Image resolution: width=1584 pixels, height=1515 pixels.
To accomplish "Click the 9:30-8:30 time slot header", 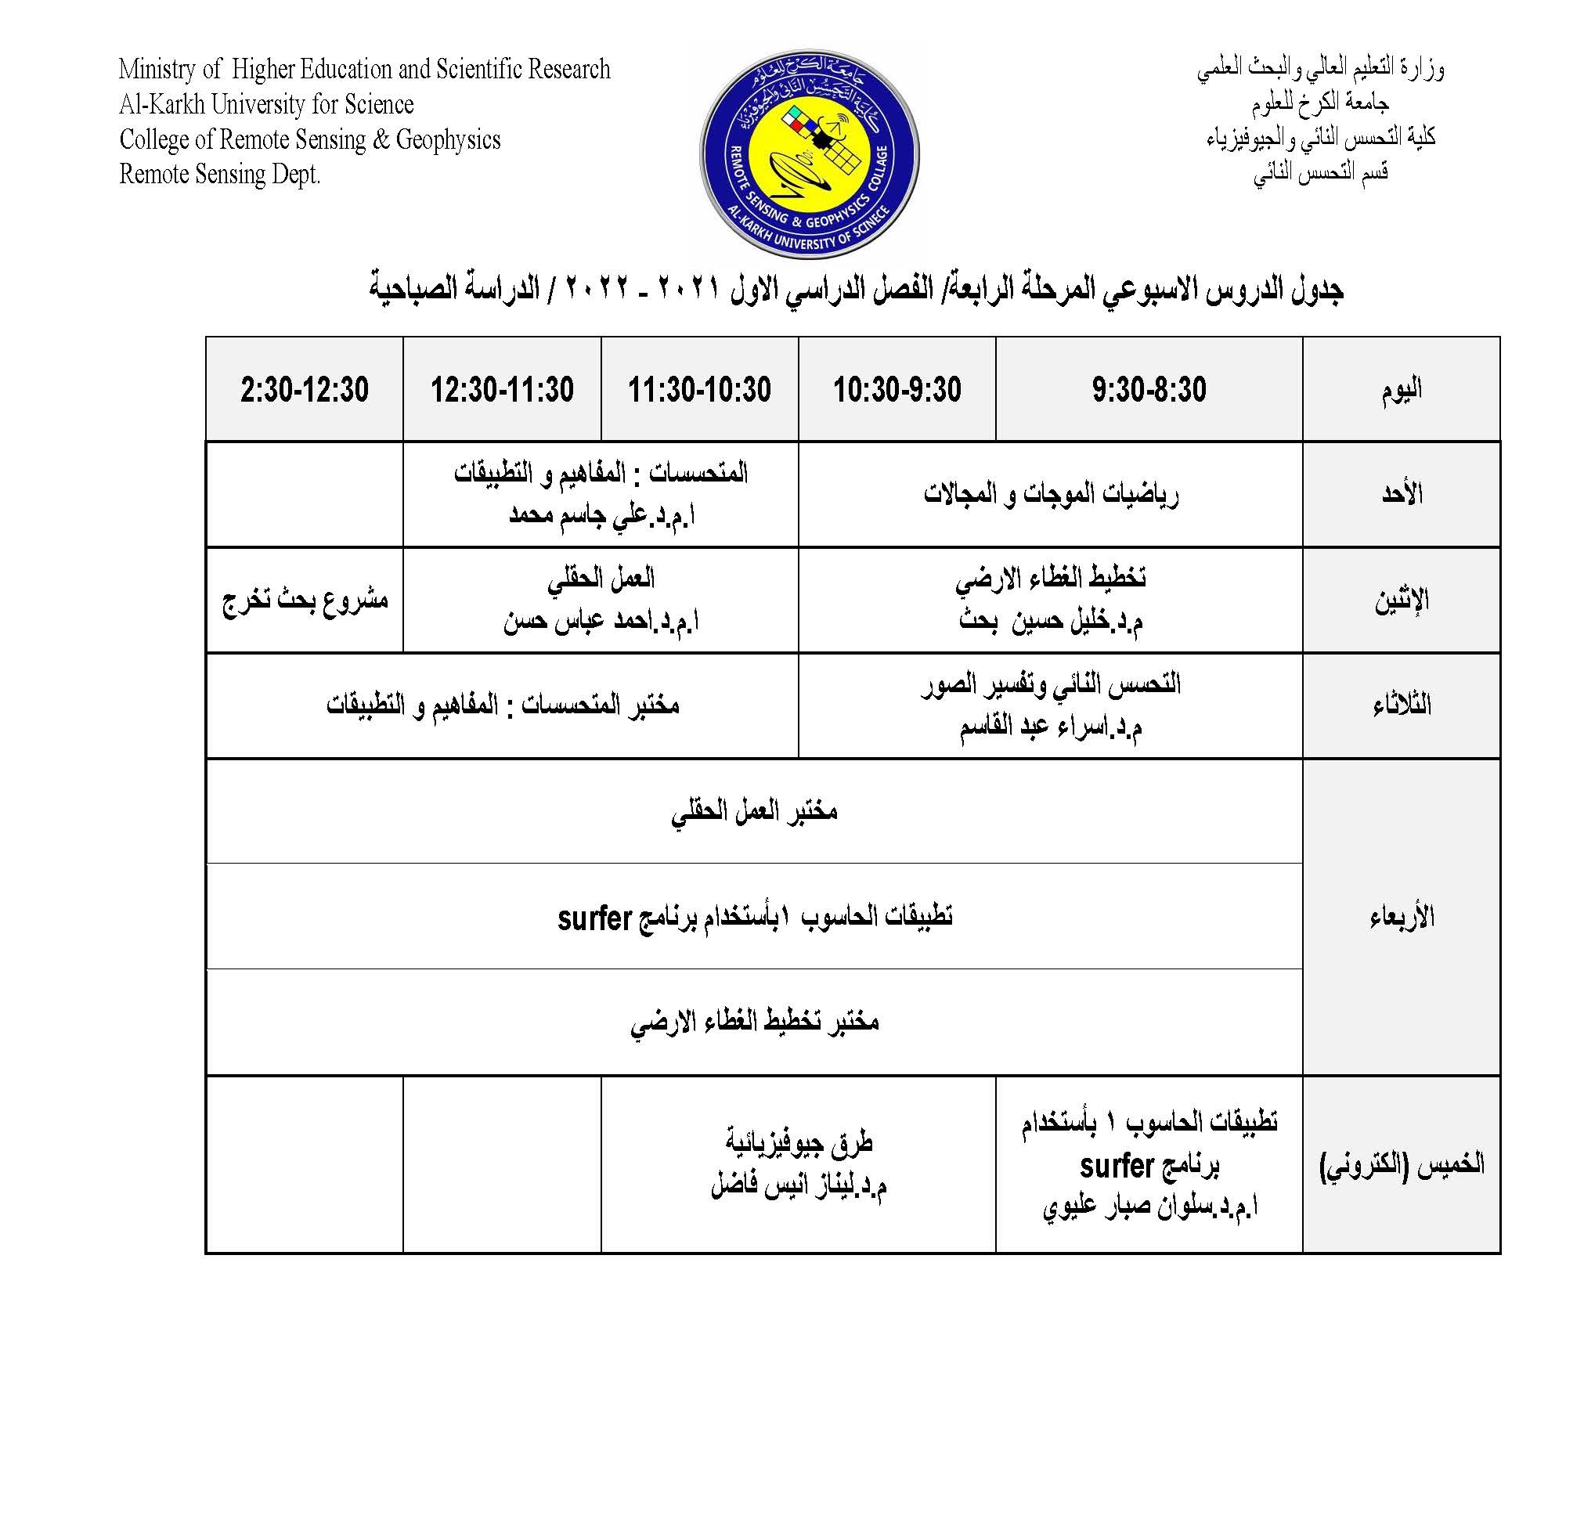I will tap(1148, 389).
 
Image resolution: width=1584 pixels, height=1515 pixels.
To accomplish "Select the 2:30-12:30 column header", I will tap(305, 389).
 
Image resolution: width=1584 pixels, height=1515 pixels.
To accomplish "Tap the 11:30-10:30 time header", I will tap(699, 389).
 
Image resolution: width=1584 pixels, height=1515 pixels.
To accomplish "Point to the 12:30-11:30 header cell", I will tap(502, 389).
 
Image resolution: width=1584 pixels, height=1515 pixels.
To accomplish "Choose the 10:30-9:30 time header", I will tap(897, 389).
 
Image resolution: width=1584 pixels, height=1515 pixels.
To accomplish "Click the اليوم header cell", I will tap(1401, 389).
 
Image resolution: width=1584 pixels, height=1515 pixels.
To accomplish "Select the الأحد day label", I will tap(1401, 493).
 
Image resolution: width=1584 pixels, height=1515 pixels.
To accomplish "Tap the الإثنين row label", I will tap(1401, 600).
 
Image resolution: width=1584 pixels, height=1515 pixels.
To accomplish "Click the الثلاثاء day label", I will tap(1401, 705).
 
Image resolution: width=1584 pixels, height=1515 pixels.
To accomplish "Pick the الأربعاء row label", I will tap(1401, 917).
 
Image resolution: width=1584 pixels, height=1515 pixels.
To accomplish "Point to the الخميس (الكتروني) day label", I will tap(1401, 1164).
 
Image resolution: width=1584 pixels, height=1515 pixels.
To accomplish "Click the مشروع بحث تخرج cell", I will tap(305, 600).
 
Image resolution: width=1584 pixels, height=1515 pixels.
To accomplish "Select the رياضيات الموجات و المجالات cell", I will tap(1050, 493).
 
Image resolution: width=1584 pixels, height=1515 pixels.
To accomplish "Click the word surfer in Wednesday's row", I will tap(594, 918).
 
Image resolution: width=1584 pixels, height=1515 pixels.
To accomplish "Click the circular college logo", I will tap(809, 153).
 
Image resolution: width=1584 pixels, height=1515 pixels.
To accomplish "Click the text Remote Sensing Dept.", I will tap(220, 175).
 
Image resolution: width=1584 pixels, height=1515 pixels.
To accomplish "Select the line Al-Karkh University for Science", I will tap(266, 104).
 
